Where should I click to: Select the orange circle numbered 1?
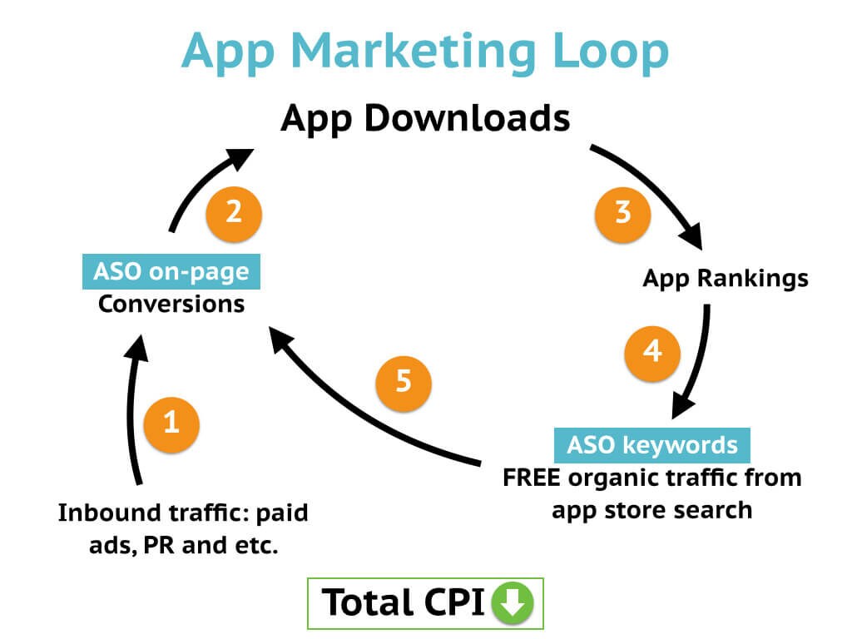[x=171, y=424]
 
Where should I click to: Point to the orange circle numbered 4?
[x=652, y=350]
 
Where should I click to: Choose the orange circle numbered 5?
[x=404, y=382]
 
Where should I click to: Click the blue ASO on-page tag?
[x=171, y=272]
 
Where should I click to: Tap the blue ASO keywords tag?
[x=652, y=444]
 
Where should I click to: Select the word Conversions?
[x=171, y=304]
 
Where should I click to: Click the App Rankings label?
[x=725, y=278]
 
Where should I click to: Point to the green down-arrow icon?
[x=513, y=602]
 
